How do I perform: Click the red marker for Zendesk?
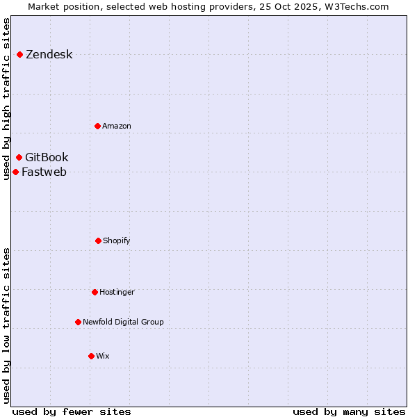(x=19, y=54)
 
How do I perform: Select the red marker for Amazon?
(x=97, y=126)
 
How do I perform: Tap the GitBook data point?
(x=19, y=157)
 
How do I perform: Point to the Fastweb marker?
(x=15, y=172)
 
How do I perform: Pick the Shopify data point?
(x=98, y=240)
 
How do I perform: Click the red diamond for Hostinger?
(x=95, y=292)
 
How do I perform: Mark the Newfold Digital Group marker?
(x=78, y=322)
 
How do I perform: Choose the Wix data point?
(x=91, y=356)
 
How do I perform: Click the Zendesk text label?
(x=49, y=55)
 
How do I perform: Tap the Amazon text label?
(x=117, y=126)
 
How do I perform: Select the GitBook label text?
(x=47, y=158)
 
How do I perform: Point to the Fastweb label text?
(x=44, y=172)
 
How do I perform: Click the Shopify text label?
(x=117, y=241)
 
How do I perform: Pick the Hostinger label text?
(x=117, y=293)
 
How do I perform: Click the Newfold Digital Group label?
(x=123, y=322)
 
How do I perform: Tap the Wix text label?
(x=103, y=357)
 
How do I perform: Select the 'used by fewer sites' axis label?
(x=72, y=411)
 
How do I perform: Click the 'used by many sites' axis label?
(x=349, y=411)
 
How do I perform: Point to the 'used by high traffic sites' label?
(x=7, y=99)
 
